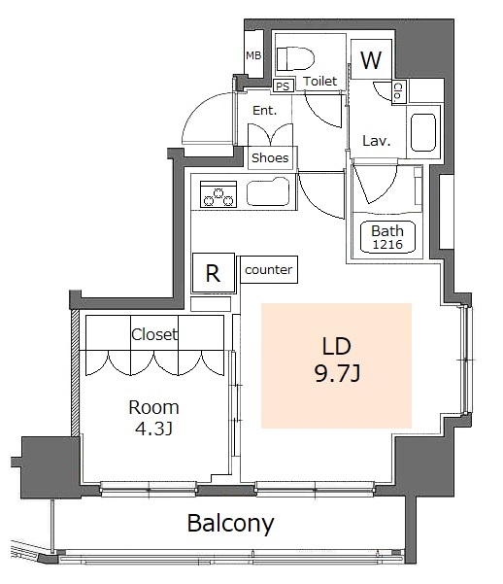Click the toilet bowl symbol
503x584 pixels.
pos(295,58)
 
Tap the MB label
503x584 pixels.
pos(253,55)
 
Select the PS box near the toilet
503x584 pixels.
pos(283,86)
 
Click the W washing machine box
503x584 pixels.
pos(371,59)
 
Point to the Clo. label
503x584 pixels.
pos(398,91)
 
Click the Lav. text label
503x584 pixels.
pos(377,141)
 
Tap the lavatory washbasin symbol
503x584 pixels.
pos(423,132)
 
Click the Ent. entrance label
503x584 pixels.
pos(265,110)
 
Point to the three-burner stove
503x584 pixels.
pos(218,194)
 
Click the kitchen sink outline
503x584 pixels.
pos(268,191)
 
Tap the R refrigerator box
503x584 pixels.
pos(214,273)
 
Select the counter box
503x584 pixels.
pos(269,269)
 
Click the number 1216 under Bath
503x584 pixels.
pos(387,244)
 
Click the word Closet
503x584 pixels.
pos(154,334)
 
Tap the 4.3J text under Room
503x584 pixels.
pos(153,429)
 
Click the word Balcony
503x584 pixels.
pos(230,524)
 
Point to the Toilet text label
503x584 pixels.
pos(319,81)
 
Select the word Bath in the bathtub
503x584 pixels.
pos(387,231)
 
